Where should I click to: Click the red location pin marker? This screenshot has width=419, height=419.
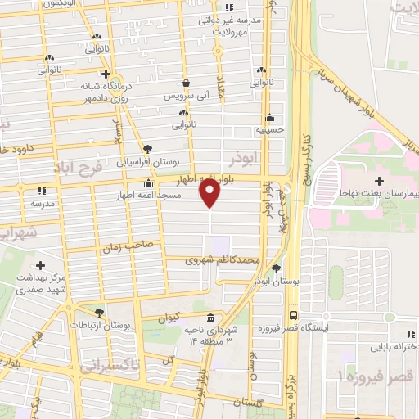(209, 192)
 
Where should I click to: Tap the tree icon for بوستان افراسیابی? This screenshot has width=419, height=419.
(147, 149)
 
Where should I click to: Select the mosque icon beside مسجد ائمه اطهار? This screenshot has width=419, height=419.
(148, 183)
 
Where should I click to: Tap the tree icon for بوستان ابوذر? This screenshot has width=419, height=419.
(276, 268)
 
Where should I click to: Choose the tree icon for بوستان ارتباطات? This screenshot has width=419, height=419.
(100, 313)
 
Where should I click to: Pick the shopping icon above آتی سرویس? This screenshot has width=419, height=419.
(187, 83)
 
